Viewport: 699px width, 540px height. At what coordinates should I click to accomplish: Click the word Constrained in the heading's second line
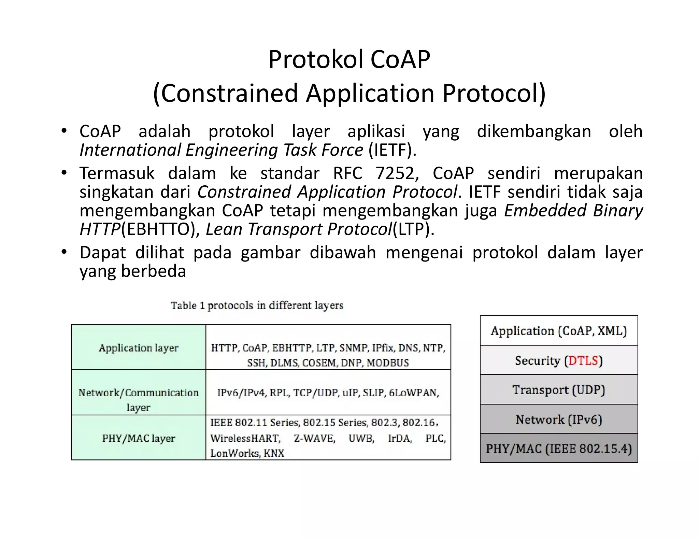coord(229,93)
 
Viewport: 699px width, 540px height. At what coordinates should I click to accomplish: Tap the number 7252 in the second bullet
coord(395,173)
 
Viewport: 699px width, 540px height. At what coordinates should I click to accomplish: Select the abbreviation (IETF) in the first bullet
coord(393,150)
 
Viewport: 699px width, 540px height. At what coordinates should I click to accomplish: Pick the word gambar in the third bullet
coord(270,253)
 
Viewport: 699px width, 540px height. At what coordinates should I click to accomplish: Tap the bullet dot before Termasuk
coord(64,173)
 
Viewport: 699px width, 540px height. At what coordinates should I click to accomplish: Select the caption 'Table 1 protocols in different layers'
coord(257,305)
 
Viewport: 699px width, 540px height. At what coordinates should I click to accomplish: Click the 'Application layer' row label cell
coord(139,347)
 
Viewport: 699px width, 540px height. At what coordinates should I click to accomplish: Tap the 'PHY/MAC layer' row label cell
coord(139,438)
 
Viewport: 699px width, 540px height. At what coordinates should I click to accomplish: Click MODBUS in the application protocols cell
coord(388,363)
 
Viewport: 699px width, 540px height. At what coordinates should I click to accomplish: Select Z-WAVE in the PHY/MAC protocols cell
coord(314,438)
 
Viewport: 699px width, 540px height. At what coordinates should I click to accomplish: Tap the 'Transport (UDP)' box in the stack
coord(559,390)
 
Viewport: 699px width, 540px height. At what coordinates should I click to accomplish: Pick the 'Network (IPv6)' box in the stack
coord(559,420)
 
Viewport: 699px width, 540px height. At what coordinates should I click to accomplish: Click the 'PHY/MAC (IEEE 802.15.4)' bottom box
coord(559,449)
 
